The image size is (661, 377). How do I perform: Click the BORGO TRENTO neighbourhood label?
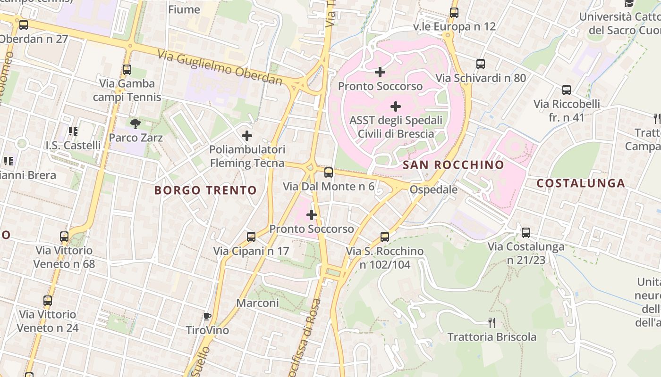(x=206, y=190)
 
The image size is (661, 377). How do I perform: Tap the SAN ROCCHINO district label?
(x=453, y=165)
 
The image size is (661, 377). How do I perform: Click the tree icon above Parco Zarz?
(x=136, y=124)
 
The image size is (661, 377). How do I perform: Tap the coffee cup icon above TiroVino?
(x=206, y=316)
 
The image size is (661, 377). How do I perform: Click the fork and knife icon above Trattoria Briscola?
(x=492, y=323)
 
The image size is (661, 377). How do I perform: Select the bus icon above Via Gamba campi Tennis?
(x=127, y=70)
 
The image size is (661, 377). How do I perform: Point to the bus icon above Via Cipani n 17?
(x=251, y=237)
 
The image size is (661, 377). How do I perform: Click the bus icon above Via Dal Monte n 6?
(x=329, y=172)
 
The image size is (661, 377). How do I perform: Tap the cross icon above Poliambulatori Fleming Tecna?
(x=246, y=136)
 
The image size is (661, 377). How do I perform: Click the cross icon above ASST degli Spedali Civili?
(x=396, y=106)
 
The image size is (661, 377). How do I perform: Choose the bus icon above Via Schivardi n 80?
(x=481, y=64)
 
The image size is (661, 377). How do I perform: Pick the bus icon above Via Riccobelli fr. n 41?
(x=567, y=90)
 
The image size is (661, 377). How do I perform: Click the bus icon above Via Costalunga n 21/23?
(x=526, y=232)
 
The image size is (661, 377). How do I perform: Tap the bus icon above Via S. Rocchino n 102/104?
(x=385, y=237)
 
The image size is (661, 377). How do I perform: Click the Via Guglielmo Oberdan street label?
(x=220, y=68)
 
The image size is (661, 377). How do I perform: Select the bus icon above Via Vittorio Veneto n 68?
(x=64, y=236)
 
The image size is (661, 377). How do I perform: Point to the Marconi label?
(x=257, y=303)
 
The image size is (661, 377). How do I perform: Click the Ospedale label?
(x=433, y=189)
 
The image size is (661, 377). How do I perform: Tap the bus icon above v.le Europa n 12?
(x=454, y=13)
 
